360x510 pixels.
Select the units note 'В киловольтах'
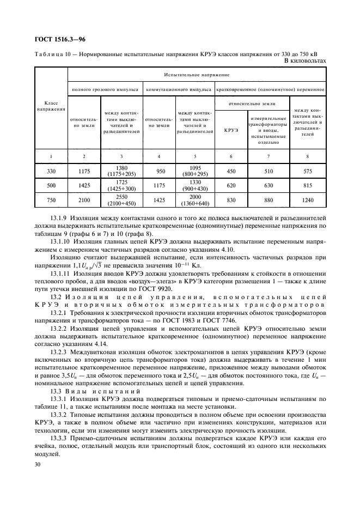(305, 60)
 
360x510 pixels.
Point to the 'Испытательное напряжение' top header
(197, 74)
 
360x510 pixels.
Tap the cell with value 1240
(307, 202)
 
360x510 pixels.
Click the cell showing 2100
(83, 202)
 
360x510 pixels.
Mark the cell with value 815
(307, 186)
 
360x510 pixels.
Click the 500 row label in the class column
(51, 186)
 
